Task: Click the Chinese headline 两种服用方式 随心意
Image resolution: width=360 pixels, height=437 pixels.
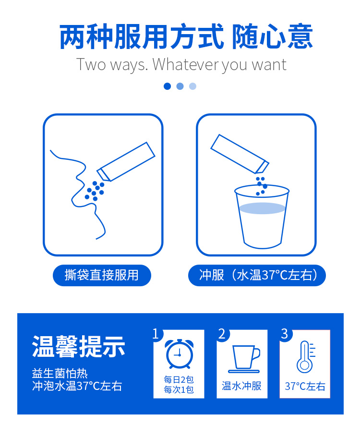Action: pos(186,36)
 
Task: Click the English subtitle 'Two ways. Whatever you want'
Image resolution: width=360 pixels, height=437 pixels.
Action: pos(181,65)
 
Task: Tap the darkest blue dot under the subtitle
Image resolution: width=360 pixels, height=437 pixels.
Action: pos(167,86)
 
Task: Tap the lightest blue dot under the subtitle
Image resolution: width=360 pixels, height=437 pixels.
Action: pos(192,86)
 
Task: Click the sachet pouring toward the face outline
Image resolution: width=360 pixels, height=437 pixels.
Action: pos(126,162)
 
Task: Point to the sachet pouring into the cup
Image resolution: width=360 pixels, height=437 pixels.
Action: pos(240,154)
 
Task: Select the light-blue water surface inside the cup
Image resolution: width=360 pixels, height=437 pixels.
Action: pos(262,208)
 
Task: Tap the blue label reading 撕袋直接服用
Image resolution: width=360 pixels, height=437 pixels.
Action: pos(102,275)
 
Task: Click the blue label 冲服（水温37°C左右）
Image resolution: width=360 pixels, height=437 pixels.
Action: pos(257,275)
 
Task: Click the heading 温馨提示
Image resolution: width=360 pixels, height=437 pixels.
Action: pos(79,346)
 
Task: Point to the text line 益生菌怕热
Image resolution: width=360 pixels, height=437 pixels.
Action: pos(60,374)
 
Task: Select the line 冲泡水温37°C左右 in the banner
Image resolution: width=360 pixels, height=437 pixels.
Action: pos(77,386)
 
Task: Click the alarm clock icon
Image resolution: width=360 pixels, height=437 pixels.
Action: pos(179,354)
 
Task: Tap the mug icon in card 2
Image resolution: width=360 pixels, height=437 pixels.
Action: pos(245,359)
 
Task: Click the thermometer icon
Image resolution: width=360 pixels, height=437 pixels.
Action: pos(305,357)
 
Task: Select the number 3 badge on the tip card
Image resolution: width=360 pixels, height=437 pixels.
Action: pos(285,334)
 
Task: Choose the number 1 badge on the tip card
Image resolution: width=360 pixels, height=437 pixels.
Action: pos(156,334)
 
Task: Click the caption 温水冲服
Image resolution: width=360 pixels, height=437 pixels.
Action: pos(241,386)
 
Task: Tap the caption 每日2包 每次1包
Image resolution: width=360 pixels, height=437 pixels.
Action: pos(179,385)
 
